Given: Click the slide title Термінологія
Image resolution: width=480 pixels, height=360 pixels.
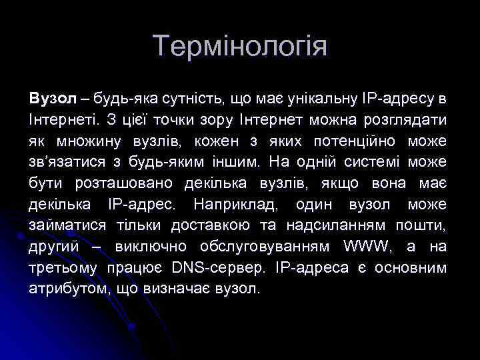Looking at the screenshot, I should pos(240,47).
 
